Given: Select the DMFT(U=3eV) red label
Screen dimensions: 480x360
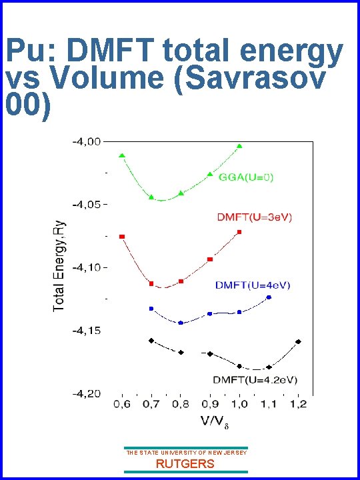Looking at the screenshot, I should coord(254,217).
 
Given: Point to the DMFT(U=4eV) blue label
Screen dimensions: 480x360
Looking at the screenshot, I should coord(253,285).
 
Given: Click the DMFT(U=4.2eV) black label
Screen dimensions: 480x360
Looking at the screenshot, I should coord(255,379).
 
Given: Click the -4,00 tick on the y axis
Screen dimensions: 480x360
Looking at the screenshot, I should coord(87,141).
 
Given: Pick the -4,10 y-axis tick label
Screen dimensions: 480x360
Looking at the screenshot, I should coord(87,267).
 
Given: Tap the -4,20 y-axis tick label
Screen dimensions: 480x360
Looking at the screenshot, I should coord(87,393).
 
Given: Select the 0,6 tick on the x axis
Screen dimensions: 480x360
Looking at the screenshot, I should coord(122,405).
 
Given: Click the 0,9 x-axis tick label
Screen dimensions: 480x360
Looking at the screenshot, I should coord(210,405).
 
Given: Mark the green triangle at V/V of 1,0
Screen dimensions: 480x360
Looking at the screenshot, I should coord(239,146).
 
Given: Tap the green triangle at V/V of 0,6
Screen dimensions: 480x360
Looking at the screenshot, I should coord(122,155).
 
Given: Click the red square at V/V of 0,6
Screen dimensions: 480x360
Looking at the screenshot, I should coord(122,237).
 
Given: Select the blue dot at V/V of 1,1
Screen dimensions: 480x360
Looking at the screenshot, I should coord(269,297).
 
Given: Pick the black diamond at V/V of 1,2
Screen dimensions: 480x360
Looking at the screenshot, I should coord(298,341).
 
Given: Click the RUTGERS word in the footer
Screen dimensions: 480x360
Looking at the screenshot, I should coord(185,464).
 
